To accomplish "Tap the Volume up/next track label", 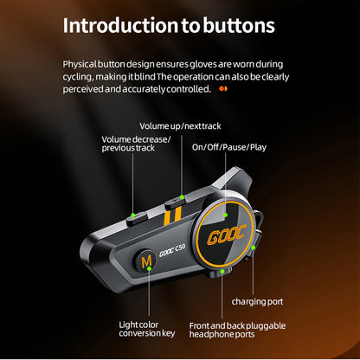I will [x=174, y=126].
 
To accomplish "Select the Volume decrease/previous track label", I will [x=136, y=145].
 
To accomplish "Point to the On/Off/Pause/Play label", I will [x=229, y=146].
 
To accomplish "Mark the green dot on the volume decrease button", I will [x=132, y=215].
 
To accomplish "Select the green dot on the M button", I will [x=149, y=268].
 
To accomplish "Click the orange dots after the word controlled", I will [x=223, y=88].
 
